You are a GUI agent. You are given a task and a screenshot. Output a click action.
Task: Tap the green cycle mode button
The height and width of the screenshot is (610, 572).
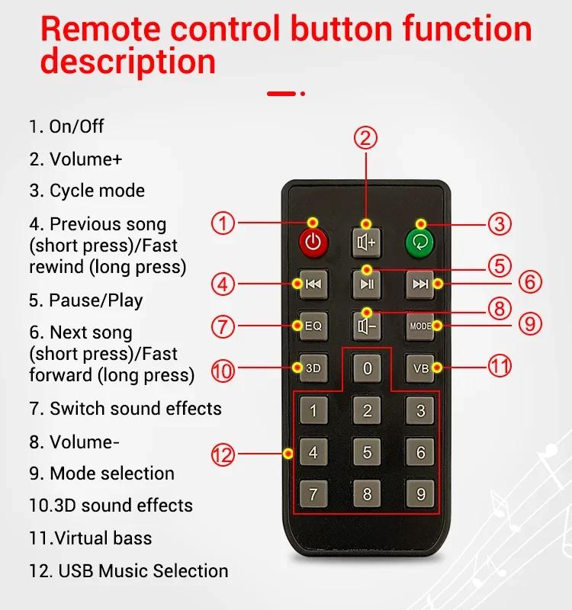419,242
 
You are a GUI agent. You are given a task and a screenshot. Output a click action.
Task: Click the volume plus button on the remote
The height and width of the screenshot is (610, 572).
366,242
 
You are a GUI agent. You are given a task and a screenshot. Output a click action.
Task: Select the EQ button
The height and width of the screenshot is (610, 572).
313,326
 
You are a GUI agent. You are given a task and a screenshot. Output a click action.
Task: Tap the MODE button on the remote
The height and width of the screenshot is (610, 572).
420,326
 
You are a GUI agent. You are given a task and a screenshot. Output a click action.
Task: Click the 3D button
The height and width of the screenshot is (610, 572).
313,368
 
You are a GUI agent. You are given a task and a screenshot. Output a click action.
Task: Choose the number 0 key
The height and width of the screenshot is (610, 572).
367,368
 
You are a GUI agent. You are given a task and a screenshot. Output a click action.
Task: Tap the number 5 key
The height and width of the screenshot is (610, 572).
367,451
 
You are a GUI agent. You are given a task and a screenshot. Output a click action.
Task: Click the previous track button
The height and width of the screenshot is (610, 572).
313,284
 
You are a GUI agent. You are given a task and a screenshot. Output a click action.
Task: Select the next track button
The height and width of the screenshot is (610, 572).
420,284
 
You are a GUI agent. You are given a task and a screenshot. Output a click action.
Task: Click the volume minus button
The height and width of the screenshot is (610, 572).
366,326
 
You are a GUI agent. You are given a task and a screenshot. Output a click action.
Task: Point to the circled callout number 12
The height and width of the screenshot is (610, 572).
223,454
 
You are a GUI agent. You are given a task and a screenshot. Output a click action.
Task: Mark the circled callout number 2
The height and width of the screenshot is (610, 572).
365,138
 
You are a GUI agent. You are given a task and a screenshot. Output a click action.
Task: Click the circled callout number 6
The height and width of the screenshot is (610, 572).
530,281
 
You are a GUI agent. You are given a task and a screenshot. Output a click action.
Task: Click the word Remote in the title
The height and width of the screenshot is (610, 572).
101,28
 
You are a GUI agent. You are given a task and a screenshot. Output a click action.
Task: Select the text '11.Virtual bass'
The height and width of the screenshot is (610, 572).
90,538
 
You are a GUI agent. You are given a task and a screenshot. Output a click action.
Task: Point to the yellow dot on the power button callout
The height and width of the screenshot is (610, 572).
313,223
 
